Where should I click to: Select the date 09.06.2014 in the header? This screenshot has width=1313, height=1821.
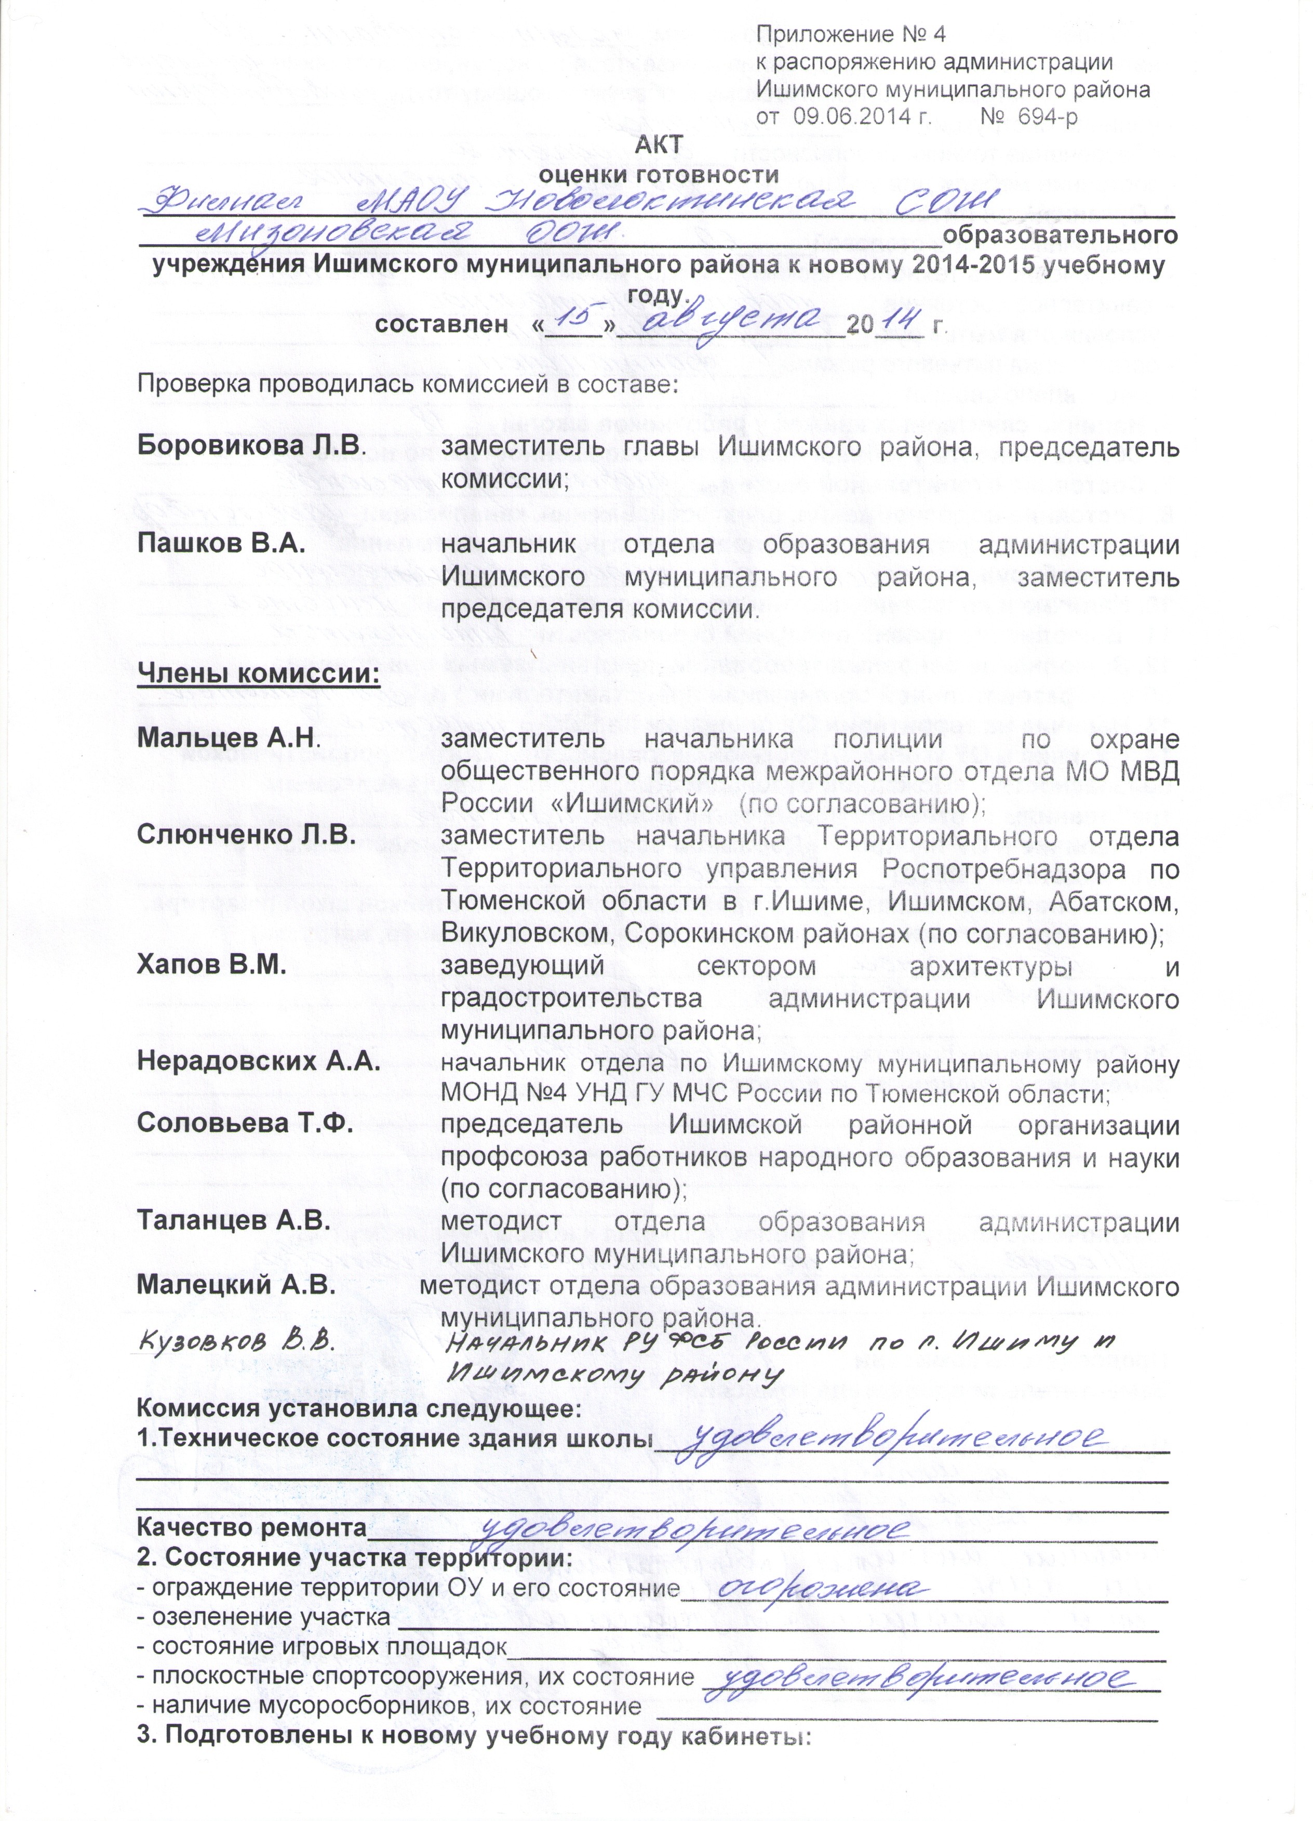(862, 117)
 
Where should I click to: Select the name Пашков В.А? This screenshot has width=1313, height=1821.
(221, 544)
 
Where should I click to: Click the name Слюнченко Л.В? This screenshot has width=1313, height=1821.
(246, 834)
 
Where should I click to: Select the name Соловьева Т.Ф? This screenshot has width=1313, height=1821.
(246, 1123)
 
